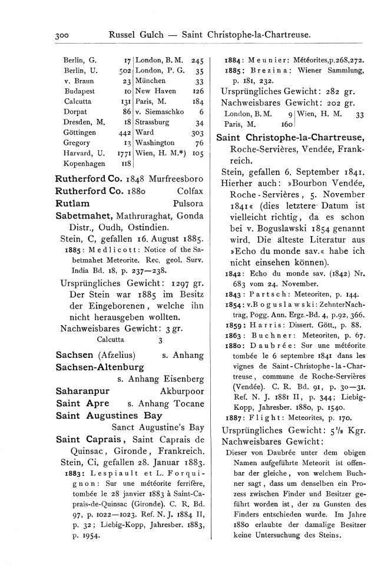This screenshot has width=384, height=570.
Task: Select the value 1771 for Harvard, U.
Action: tap(122, 154)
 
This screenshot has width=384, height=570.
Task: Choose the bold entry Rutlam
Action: tap(73, 203)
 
